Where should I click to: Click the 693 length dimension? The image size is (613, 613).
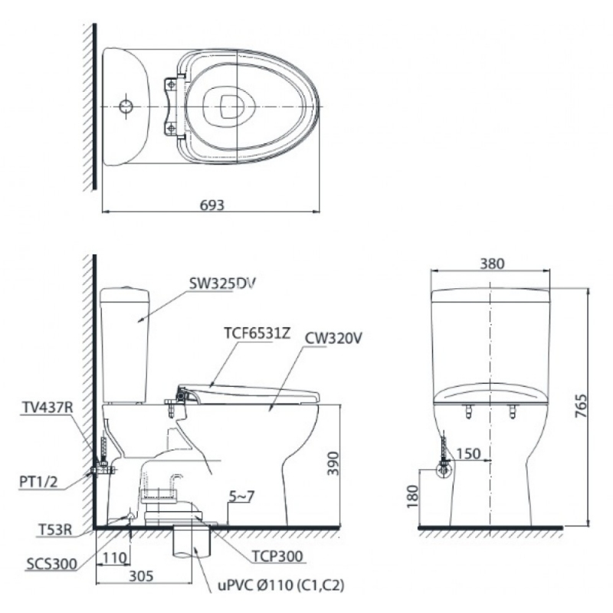click(x=212, y=205)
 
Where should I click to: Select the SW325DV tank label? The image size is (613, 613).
click(x=222, y=284)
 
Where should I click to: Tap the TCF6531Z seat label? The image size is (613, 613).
click(x=257, y=333)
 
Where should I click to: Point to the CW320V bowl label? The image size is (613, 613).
click(x=333, y=338)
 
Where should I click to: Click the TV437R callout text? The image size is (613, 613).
click(x=47, y=408)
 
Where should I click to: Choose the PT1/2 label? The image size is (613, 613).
click(x=38, y=482)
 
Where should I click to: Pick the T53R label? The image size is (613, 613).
click(x=55, y=529)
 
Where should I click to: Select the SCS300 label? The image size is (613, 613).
click(x=51, y=564)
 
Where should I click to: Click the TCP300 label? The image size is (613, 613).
click(x=277, y=556)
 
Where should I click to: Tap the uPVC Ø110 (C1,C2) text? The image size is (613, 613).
click(x=281, y=585)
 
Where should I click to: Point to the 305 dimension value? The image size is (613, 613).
click(x=141, y=576)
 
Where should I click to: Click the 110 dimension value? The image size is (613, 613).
click(x=114, y=558)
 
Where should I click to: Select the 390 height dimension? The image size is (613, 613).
click(x=333, y=464)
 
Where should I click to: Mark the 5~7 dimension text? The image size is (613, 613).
click(x=241, y=496)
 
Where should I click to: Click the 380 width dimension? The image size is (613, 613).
click(x=492, y=264)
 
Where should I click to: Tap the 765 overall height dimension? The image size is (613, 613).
click(x=581, y=406)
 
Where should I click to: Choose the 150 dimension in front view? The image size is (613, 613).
click(x=468, y=454)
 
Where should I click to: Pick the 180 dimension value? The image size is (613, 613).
click(x=412, y=497)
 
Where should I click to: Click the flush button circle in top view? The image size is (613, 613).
click(x=126, y=106)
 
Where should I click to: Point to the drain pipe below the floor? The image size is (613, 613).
click(x=192, y=542)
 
